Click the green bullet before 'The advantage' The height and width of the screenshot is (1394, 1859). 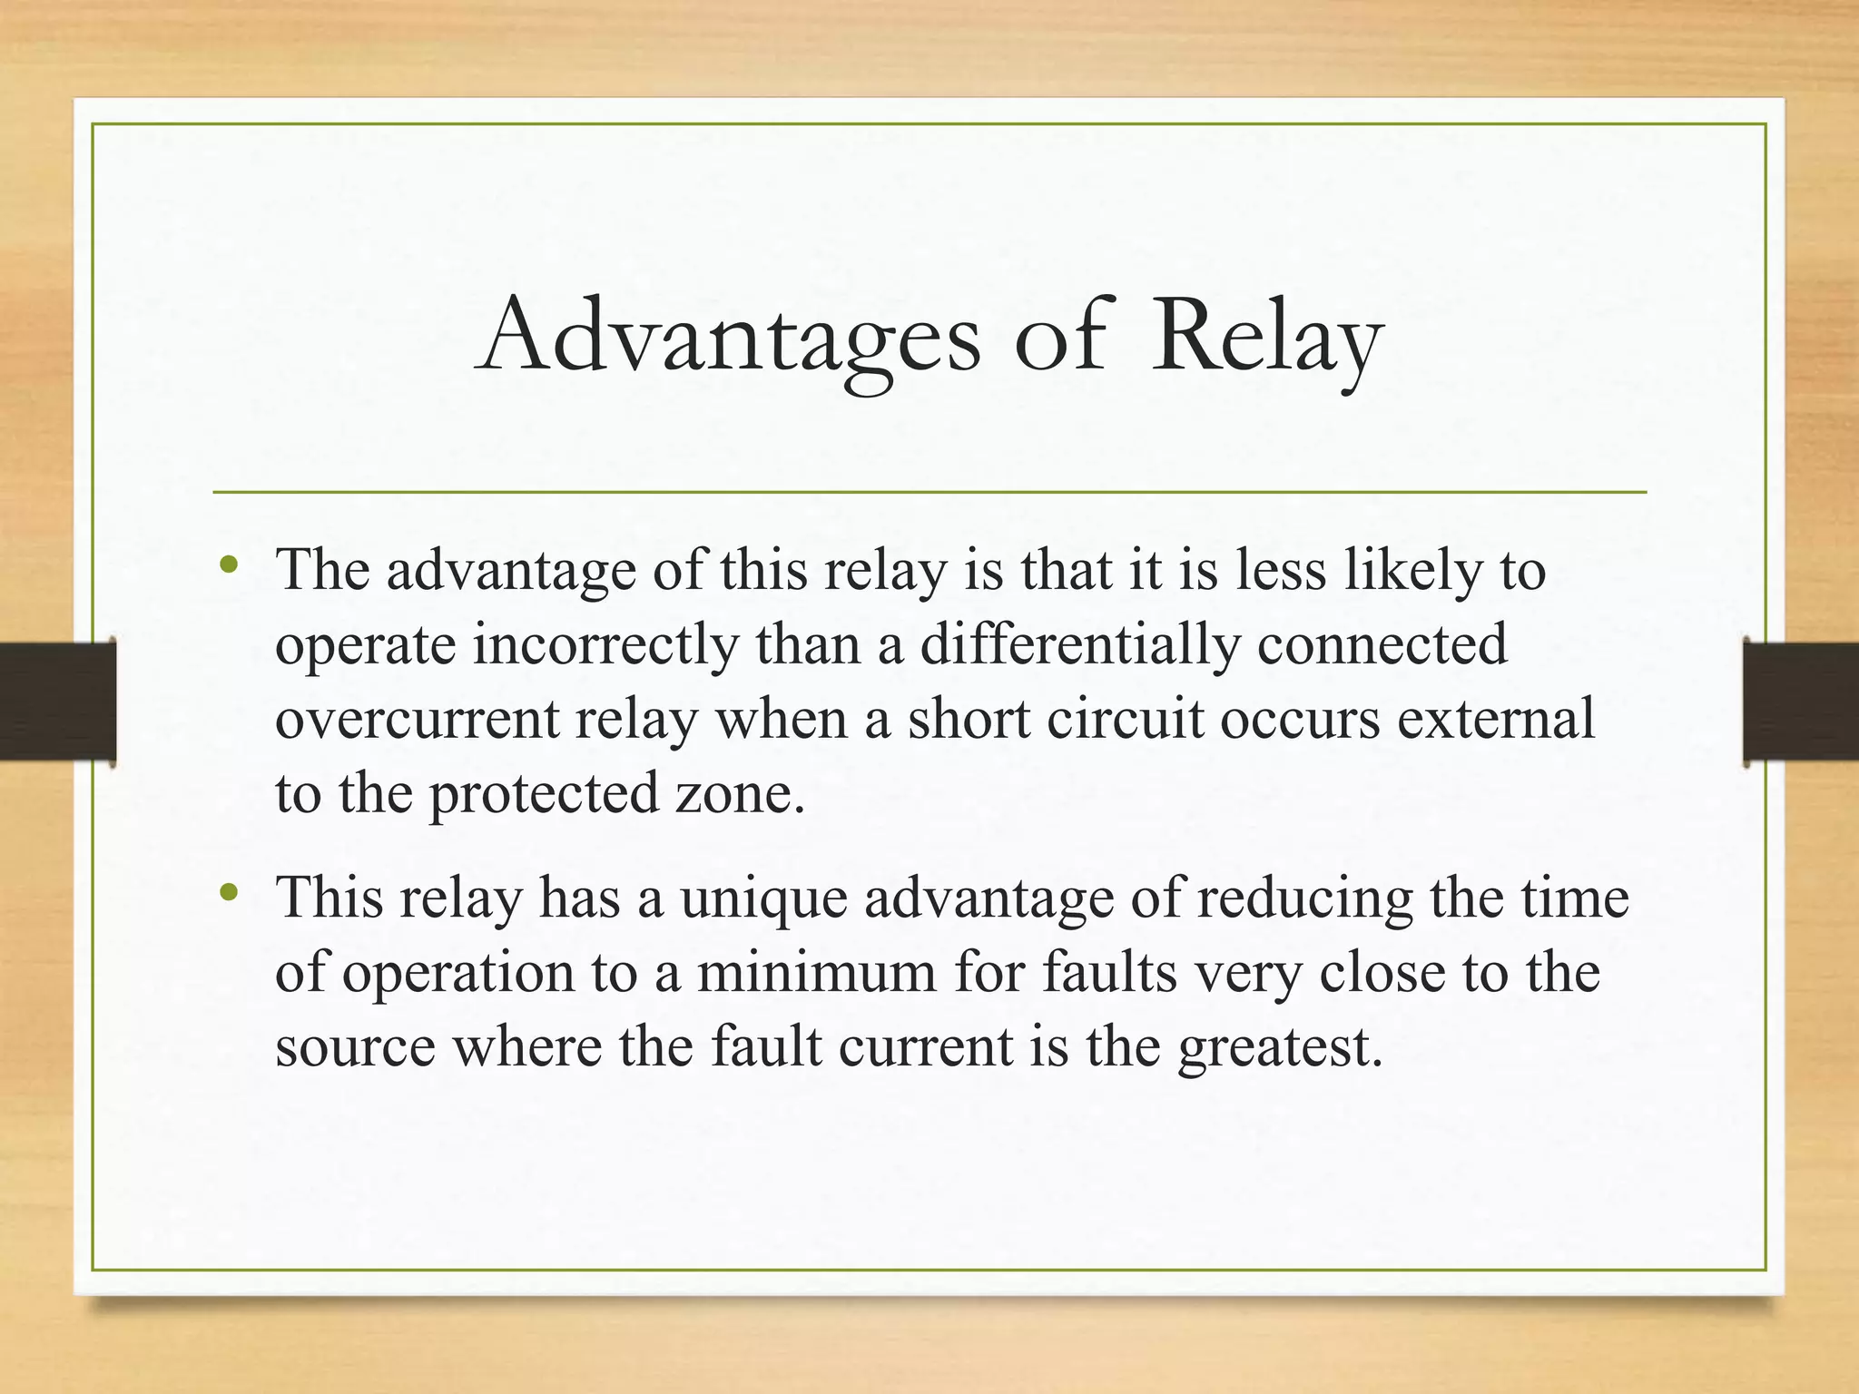coord(229,565)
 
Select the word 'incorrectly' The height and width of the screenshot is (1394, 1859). coord(605,646)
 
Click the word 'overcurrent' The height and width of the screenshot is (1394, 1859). coord(417,720)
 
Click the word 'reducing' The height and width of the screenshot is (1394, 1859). coord(1304,899)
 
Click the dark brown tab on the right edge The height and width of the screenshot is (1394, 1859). coord(1801,700)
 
